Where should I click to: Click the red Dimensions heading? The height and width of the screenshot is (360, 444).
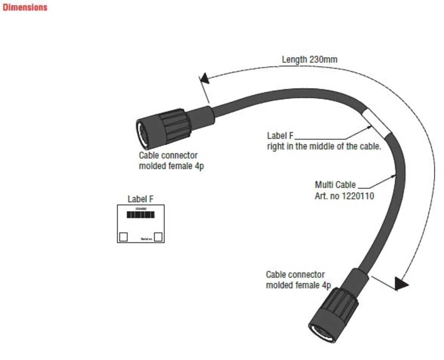pyautogui.click(x=25, y=7)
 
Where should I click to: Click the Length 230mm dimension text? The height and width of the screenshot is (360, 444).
pyautogui.click(x=309, y=59)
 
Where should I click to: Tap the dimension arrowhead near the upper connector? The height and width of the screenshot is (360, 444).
pyautogui.click(x=205, y=79)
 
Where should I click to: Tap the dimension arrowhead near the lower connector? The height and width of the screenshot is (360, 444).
pyautogui.click(x=401, y=284)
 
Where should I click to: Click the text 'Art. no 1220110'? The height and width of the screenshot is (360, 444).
pyautogui.click(x=344, y=196)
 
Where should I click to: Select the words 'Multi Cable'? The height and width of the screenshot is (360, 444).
pyautogui.click(x=335, y=185)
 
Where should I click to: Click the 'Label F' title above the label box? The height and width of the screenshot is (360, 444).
pyautogui.click(x=141, y=199)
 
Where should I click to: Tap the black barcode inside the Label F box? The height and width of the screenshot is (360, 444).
pyautogui.click(x=141, y=215)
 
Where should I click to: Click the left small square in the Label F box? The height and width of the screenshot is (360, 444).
pyautogui.click(x=123, y=237)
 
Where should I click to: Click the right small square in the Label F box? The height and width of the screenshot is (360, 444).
pyautogui.click(x=158, y=237)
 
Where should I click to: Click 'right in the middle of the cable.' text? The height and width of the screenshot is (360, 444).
pyautogui.click(x=324, y=146)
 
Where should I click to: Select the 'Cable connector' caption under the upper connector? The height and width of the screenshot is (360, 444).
pyautogui.click(x=168, y=155)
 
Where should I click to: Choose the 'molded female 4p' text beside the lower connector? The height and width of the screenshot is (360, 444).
pyautogui.click(x=298, y=285)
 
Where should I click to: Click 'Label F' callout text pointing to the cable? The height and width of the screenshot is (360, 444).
pyautogui.click(x=280, y=136)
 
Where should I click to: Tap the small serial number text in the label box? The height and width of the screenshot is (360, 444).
pyautogui.click(x=147, y=239)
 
